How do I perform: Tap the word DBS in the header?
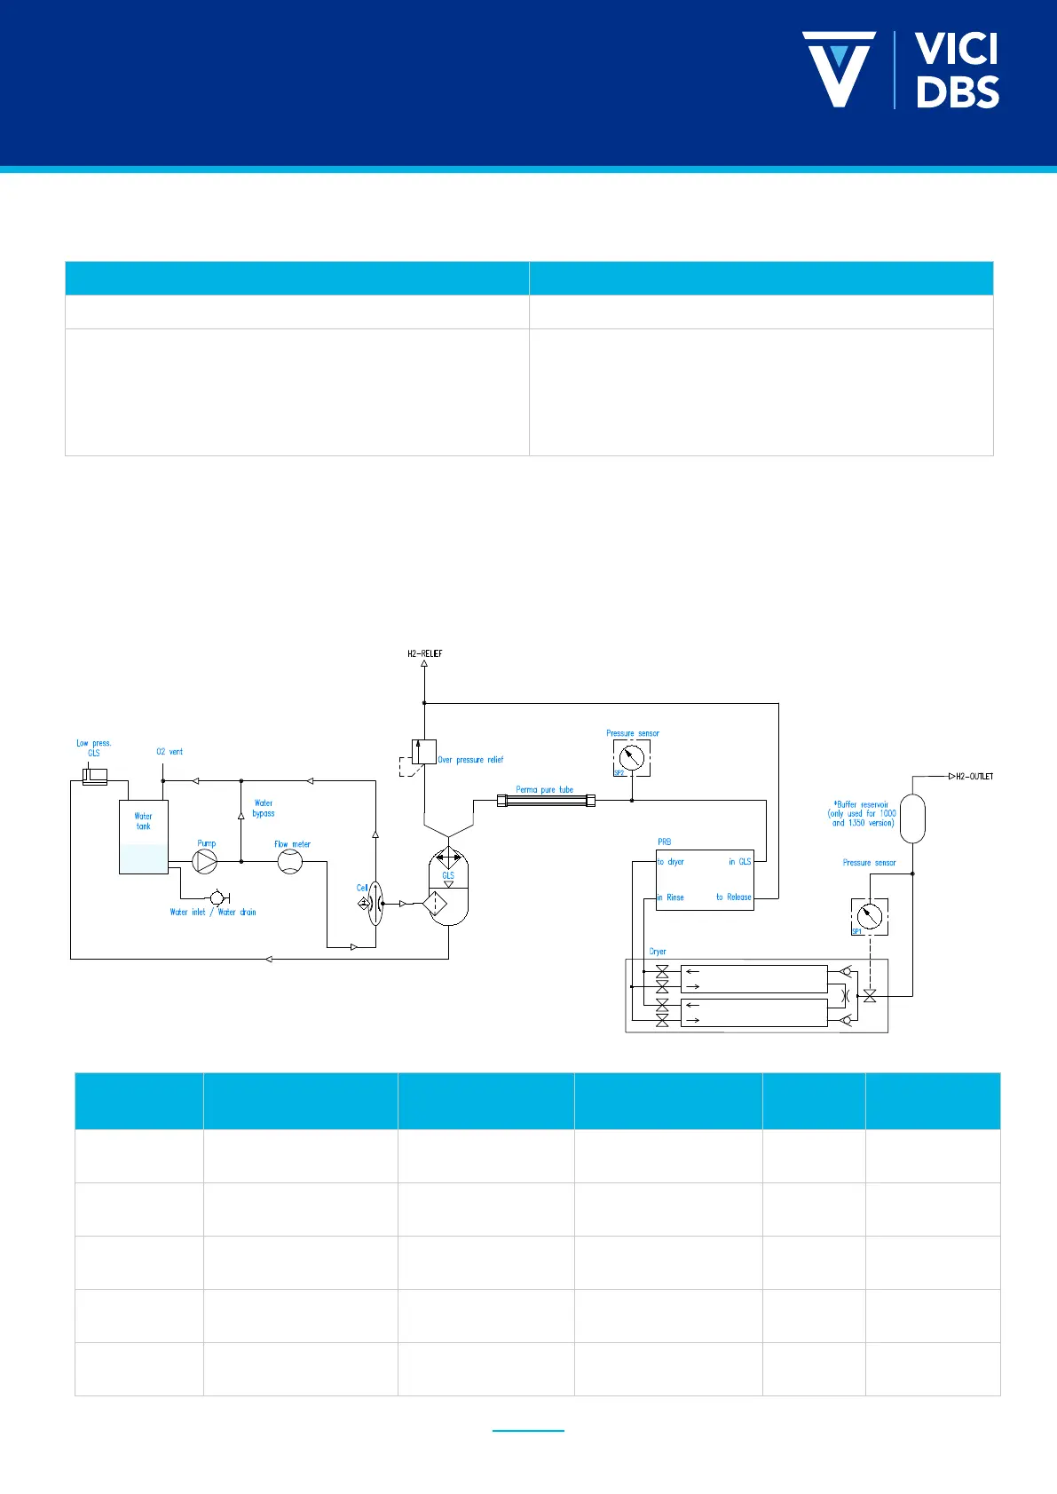pos(958,92)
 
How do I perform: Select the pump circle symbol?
pos(205,861)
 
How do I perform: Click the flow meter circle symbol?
pos(290,861)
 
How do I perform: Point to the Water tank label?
pos(143,821)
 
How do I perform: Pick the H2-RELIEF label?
pos(424,654)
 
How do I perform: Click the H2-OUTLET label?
pos(974,777)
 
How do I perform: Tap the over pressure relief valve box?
pos(423,752)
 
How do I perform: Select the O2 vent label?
pos(170,752)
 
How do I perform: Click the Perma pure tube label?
pos(545,789)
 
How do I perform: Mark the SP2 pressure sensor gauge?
pos(631,758)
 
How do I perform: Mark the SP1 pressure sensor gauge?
pos(870,916)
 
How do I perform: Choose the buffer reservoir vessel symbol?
pos(912,818)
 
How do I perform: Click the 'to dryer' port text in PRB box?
pos(671,862)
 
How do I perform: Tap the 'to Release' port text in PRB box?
pos(734,897)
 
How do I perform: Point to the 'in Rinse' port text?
pos(671,897)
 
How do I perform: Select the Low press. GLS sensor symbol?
pos(94,778)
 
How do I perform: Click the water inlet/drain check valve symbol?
pos(217,898)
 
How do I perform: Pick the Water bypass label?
pos(264,808)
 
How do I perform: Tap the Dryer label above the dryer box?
pos(658,952)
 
